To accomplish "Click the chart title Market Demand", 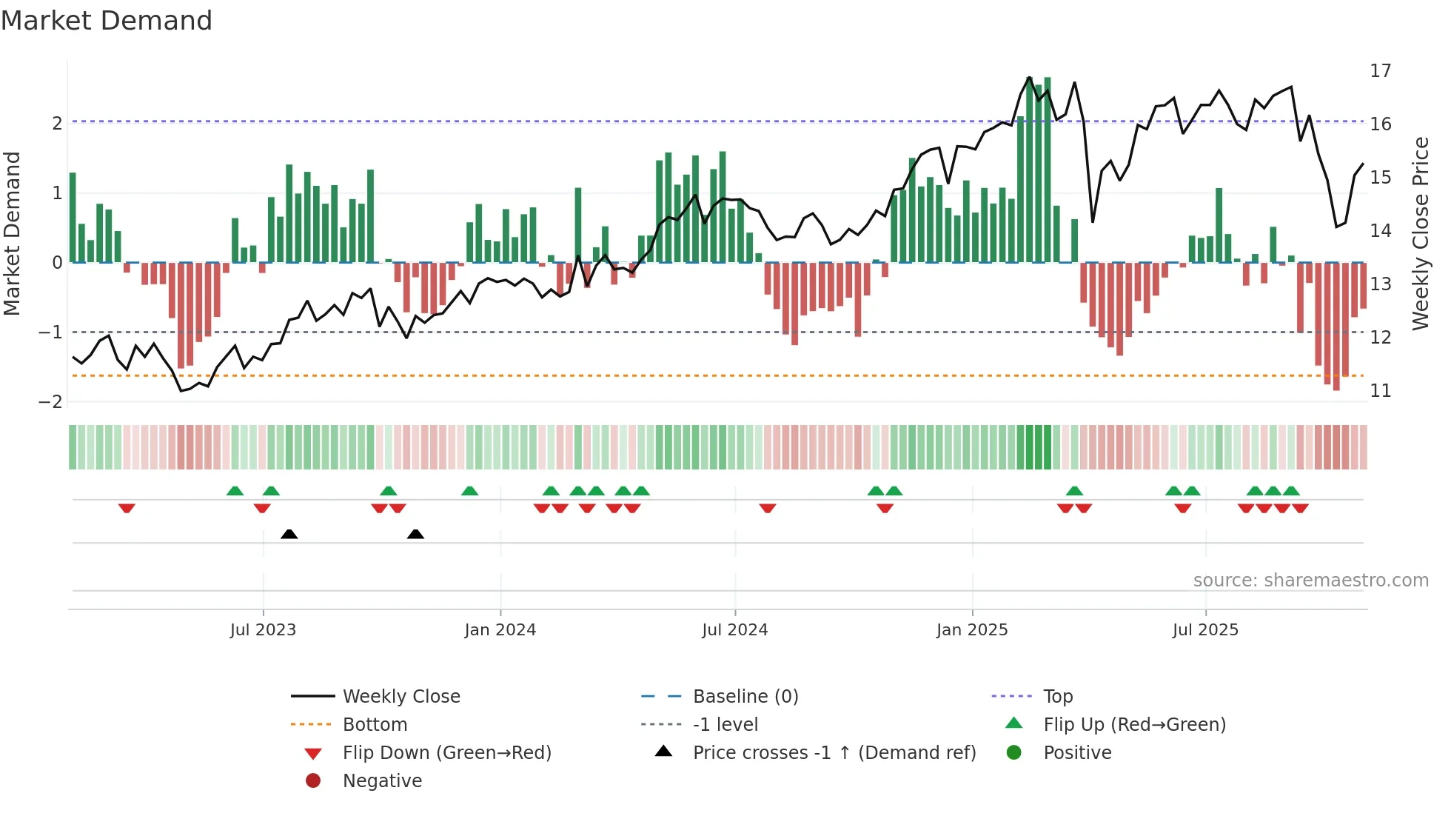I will [107, 21].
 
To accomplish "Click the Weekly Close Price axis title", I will [1420, 234].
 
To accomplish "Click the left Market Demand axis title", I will [13, 234].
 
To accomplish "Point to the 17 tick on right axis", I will [1380, 71].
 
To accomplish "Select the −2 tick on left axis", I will [50, 402].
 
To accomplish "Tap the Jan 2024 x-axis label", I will [500, 630].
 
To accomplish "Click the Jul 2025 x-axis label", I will [1204, 630].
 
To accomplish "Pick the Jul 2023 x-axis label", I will [263, 630].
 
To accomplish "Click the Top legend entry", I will [1057, 697].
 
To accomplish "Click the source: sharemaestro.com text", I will [1310, 581].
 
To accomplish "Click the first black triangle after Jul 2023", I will [289, 535].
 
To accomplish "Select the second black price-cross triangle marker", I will [415, 535].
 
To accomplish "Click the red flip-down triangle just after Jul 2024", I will [767, 508].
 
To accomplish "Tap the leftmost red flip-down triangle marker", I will [127, 508].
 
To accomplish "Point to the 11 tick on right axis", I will [1380, 391].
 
